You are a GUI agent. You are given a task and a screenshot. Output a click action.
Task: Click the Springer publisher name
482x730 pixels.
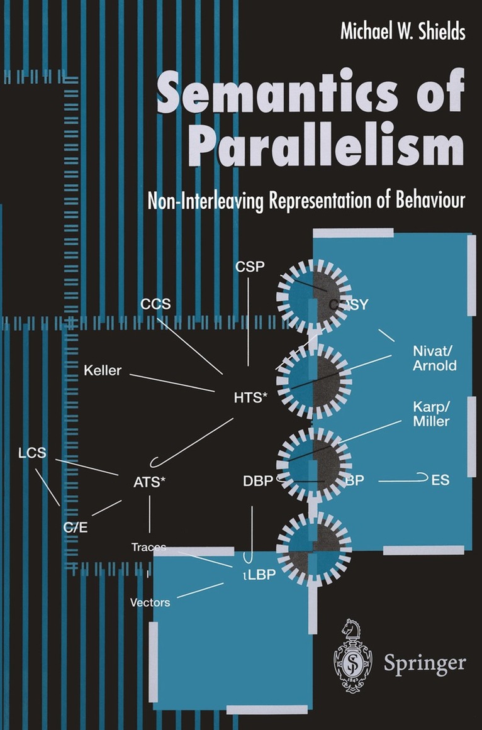[x=425, y=663]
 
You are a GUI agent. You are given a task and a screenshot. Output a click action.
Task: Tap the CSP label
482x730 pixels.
[x=249, y=267]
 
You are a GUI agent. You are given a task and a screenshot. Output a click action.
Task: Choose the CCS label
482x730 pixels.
[x=155, y=305]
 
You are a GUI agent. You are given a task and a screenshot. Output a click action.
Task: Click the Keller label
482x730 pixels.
[x=103, y=370]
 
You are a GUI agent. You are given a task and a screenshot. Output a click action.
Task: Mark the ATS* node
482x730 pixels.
[x=150, y=482]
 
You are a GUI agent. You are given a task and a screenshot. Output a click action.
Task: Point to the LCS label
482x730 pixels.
[x=32, y=453]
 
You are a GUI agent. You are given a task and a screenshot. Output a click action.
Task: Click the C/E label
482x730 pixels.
[x=75, y=527]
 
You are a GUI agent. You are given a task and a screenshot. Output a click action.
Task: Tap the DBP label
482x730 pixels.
[x=258, y=481]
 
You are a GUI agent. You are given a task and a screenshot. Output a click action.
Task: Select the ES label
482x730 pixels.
[x=440, y=481]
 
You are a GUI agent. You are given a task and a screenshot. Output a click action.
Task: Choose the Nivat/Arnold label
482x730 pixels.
[x=435, y=359]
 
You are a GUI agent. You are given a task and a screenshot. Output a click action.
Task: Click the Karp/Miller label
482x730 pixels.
[x=431, y=413]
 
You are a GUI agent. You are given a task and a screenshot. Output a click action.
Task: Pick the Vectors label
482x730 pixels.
[x=150, y=602]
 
